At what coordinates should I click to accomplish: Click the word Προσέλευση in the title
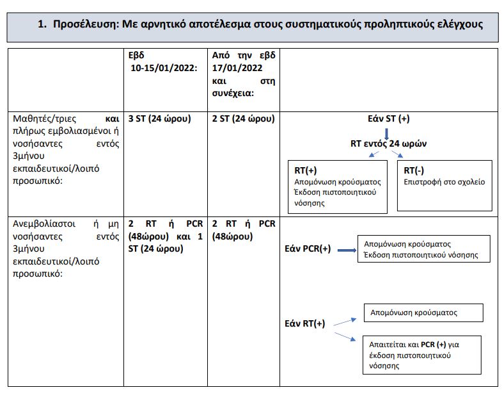coord(84,24)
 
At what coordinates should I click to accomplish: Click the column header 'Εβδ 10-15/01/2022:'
coord(162,61)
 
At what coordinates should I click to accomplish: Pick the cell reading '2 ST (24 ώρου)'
coord(243,118)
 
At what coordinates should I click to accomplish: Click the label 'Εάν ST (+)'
coord(387,120)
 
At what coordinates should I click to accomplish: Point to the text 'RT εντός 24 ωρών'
coord(387,143)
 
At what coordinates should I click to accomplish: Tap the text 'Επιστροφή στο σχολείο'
coord(445,182)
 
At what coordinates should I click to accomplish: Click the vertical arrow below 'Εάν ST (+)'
coord(387,132)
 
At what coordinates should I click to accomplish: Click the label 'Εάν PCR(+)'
coord(308,249)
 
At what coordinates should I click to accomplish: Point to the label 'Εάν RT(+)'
coord(304,323)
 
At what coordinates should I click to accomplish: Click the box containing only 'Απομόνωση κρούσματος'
coord(423,313)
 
